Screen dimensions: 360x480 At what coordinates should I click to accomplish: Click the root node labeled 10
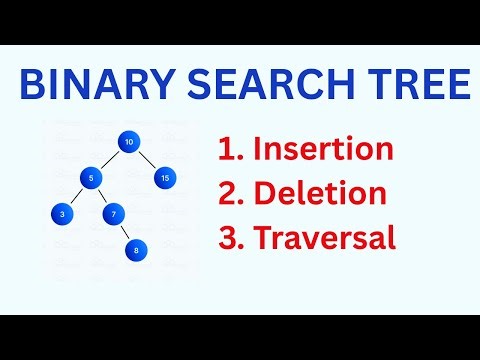pyautogui.click(x=129, y=143)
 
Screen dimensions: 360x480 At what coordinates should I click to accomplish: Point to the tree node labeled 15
pyautogui.click(x=165, y=178)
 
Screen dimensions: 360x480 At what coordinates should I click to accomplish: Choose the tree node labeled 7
pyautogui.click(x=114, y=213)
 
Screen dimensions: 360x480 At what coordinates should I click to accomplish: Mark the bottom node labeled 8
pyautogui.click(x=137, y=250)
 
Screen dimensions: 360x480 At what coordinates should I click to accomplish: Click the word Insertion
pyautogui.click(x=322, y=150)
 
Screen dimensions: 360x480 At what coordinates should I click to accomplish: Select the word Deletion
pyautogui.click(x=319, y=195)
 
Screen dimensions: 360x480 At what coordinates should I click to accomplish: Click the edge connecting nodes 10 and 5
pyautogui.click(x=109, y=161)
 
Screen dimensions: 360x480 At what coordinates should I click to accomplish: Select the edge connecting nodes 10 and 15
pyautogui.click(x=147, y=160)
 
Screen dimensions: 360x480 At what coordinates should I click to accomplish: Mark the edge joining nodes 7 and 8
pyautogui.click(x=126, y=232)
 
